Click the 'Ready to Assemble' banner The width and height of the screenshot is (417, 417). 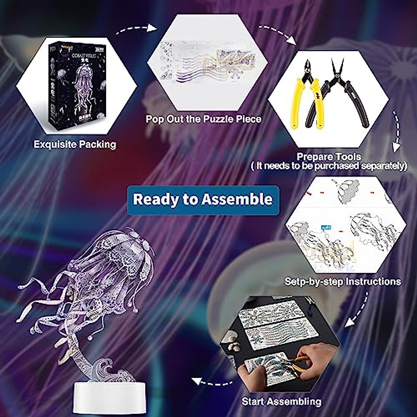tap(203, 200)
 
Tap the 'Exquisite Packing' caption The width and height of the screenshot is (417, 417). tap(75, 144)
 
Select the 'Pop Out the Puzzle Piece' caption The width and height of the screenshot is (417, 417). tap(203, 119)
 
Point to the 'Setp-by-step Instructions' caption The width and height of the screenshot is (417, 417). tap(343, 281)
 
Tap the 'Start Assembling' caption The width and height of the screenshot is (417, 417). tap(281, 402)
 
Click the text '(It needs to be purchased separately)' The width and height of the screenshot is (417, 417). tap(329, 166)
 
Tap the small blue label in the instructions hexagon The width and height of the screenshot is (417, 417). tap(326, 228)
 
